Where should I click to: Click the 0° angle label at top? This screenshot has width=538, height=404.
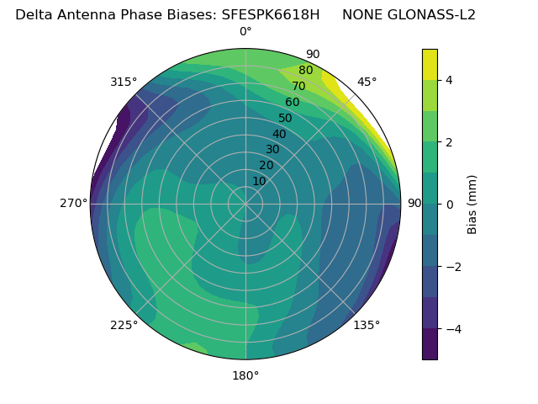[245, 32]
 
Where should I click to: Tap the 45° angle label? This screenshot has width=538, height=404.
[367, 82]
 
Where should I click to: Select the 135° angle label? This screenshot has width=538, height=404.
[367, 325]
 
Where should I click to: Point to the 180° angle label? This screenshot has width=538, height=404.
[245, 375]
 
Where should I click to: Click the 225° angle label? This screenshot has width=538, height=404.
[124, 325]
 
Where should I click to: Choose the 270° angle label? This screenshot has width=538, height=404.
[73, 204]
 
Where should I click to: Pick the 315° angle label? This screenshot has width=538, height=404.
[124, 82]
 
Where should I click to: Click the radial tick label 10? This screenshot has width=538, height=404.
[259, 181]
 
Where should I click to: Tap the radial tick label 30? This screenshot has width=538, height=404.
[272, 149]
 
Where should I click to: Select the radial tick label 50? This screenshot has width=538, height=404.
[286, 118]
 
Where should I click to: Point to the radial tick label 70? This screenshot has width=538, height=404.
[298, 86]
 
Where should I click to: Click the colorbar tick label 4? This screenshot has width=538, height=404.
[450, 80]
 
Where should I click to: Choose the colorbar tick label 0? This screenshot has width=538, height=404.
[450, 204]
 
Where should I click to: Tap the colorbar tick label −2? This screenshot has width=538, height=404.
[453, 266]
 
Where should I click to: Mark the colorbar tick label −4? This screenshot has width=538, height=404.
[453, 328]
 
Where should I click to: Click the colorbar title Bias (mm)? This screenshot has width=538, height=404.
[472, 204]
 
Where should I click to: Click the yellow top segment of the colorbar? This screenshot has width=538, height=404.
[430, 64]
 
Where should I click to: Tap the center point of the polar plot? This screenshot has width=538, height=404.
[245, 204]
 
